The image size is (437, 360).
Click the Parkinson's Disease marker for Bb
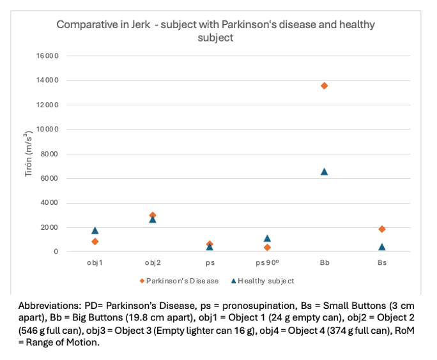(x=325, y=86)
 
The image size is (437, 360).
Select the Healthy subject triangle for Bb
(x=325, y=171)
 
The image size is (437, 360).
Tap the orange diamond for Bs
(x=382, y=229)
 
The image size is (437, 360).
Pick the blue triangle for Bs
(x=382, y=246)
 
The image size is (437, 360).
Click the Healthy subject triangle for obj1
(x=95, y=230)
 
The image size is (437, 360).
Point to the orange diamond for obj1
(x=95, y=241)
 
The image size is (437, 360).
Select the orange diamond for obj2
(x=153, y=215)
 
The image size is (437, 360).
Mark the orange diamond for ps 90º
(x=267, y=247)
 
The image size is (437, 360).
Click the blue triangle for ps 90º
(x=267, y=238)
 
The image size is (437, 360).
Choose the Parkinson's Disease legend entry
(x=181, y=281)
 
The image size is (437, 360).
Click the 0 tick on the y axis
(x=56, y=252)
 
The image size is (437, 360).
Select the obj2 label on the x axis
(x=153, y=262)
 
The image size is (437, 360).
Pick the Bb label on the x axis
(x=325, y=262)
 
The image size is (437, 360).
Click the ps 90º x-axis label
(x=267, y=262)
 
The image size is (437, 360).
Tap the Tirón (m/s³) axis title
(x=29, y=154)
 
